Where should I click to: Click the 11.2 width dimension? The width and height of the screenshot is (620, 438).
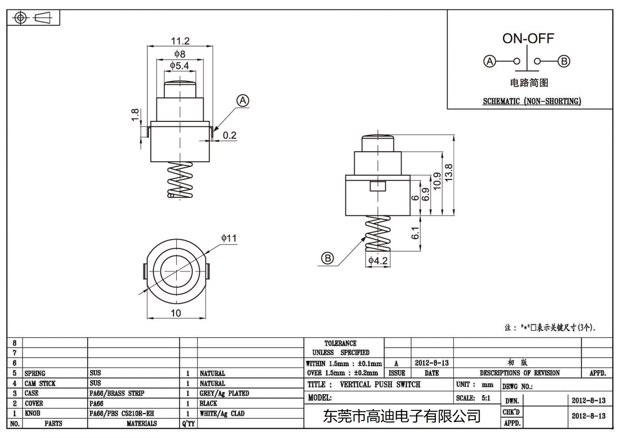tap(180, 41)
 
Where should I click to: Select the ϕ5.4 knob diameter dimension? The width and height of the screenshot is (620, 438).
tap(179, 66)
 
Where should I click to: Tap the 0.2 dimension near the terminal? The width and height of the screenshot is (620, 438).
tap(229, 135)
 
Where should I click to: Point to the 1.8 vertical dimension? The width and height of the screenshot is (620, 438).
tap(135, 115)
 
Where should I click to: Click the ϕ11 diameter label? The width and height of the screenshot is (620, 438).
tap(229, 238)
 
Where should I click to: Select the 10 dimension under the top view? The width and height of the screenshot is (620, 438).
tap(176, 313)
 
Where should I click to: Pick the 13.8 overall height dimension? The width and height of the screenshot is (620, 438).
tap(448, 172)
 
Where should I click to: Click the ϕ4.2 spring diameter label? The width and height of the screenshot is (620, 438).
tap(378, 261)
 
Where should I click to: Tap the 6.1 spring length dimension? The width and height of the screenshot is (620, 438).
tap(415, 233)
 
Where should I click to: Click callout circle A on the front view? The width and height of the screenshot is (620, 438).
tap(243, 101)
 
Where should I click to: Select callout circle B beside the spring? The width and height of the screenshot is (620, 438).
tap(327, 258)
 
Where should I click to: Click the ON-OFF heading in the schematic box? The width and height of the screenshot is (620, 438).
tap(528, 38)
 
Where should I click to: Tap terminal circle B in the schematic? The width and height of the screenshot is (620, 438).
tap(564, 61)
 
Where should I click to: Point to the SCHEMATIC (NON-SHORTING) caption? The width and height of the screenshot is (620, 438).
tap(532, 101)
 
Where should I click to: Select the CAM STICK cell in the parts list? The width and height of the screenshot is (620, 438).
tap(40, 383)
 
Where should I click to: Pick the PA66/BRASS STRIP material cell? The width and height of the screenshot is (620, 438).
tap(117, 393)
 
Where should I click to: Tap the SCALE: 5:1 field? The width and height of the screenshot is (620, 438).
tap(473, 398)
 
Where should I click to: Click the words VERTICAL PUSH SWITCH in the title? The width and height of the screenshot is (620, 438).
tap(380, 385)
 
